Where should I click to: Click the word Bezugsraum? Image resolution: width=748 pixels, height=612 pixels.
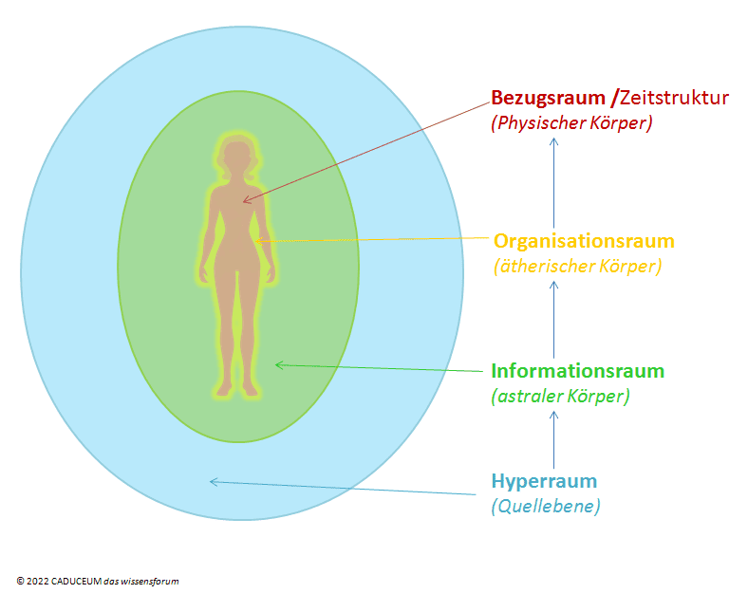548,98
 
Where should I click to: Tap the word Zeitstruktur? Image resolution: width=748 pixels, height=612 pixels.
674,98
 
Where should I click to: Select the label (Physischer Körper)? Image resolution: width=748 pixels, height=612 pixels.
571,123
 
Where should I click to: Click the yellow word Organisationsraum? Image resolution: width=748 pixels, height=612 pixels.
584,241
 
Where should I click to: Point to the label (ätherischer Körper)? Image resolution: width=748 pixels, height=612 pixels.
578,267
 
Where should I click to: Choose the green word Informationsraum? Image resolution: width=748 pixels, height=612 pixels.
578,371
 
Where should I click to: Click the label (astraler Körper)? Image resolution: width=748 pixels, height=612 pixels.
560,396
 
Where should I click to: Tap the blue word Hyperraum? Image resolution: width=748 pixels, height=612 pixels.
544,481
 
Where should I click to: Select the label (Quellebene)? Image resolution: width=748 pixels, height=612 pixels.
546,506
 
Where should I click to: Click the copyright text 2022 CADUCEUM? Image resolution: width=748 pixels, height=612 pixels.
64,582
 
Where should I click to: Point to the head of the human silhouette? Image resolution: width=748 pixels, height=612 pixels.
237,158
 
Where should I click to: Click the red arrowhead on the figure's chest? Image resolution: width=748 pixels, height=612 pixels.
248,200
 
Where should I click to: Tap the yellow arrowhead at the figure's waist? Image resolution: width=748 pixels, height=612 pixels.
259,241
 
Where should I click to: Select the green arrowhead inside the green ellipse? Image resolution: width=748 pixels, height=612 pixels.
280,365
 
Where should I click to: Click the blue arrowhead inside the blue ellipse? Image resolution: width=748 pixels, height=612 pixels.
215,482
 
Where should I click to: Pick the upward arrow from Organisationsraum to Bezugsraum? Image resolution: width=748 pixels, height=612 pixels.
553,183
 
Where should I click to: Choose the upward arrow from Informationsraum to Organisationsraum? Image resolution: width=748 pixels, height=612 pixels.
553,319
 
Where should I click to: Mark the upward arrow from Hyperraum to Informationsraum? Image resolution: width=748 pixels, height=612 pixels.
553,440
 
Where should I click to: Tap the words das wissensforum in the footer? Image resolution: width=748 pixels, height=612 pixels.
141,582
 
